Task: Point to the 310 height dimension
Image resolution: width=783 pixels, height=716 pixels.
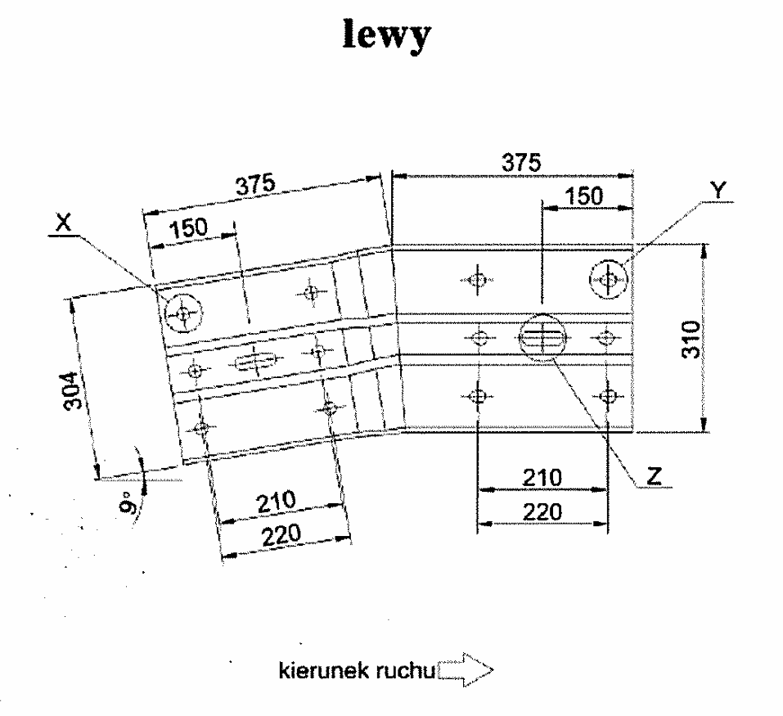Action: tap(692, 337)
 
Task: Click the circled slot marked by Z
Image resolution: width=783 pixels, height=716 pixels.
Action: tap(542, 336)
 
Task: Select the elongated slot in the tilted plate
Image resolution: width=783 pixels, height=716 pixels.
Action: tap(255, 361)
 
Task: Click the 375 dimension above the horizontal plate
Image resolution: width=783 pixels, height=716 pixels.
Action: tap(521, 162)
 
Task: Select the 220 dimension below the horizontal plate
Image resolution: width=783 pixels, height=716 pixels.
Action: tap(542, 511)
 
